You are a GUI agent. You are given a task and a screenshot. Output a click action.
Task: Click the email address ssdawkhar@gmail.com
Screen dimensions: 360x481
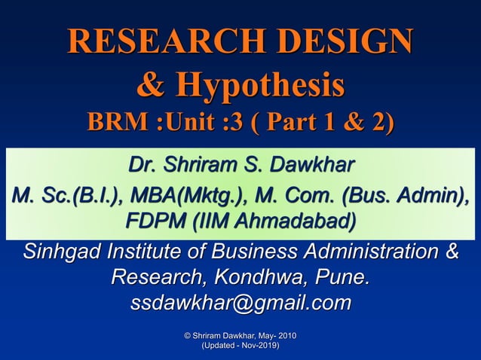pyautogui.click(x=240, y=304)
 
